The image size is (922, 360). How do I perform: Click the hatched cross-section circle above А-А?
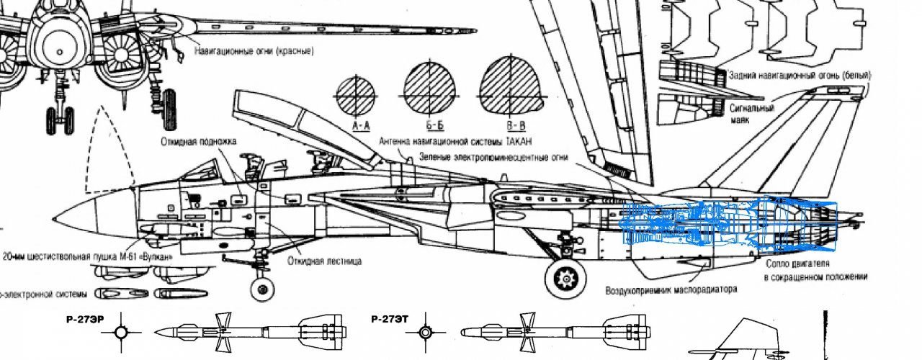coord(355,96)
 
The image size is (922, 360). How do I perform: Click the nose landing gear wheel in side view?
coord(262,289)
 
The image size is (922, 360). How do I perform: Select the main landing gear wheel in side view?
coord(565,279)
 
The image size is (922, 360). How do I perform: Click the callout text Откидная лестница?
coord(325,261)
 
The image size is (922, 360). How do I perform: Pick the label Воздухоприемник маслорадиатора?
coord(671,290)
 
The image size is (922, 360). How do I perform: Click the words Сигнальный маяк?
coord(752,114)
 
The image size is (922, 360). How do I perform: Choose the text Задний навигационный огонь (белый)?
coord(800,75)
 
